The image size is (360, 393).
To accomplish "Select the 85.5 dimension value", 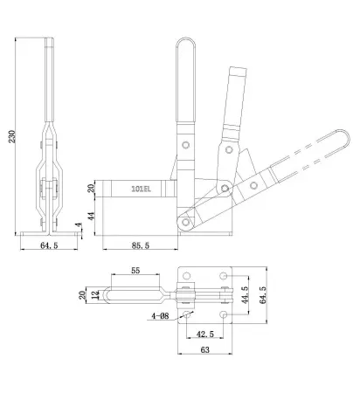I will [x=137, y=247].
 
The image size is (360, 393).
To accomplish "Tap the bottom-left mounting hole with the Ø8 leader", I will [x=185, y=314].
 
